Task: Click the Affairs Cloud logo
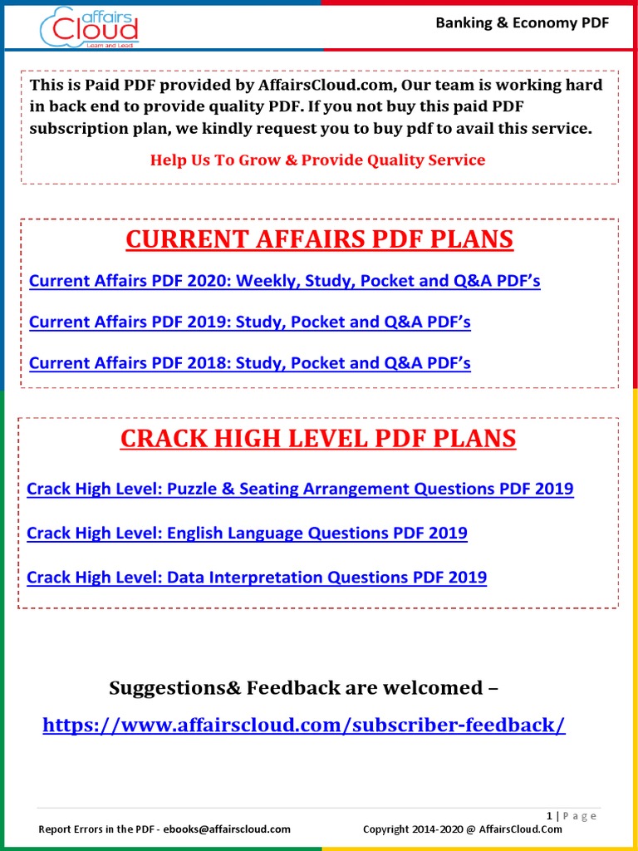(89, 27)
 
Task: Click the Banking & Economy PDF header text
(523, 22)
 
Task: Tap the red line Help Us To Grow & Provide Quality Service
(317, 160)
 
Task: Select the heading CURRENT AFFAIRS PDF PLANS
(320, 239)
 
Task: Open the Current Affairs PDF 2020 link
(284, 281)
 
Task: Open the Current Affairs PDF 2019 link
(249, 322)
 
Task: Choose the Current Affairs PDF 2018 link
(249, 363)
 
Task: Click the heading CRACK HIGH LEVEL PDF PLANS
(318, 438)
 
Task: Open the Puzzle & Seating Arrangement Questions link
(300, 489)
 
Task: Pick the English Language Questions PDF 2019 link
(247, 533)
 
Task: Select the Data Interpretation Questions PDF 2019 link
(257, 577)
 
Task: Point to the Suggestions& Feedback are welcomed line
(304, 687)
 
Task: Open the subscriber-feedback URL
(304, 725)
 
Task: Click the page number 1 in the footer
(549, 816)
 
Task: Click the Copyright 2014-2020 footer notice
(463, 829)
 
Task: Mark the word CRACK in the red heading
(158, 438)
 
